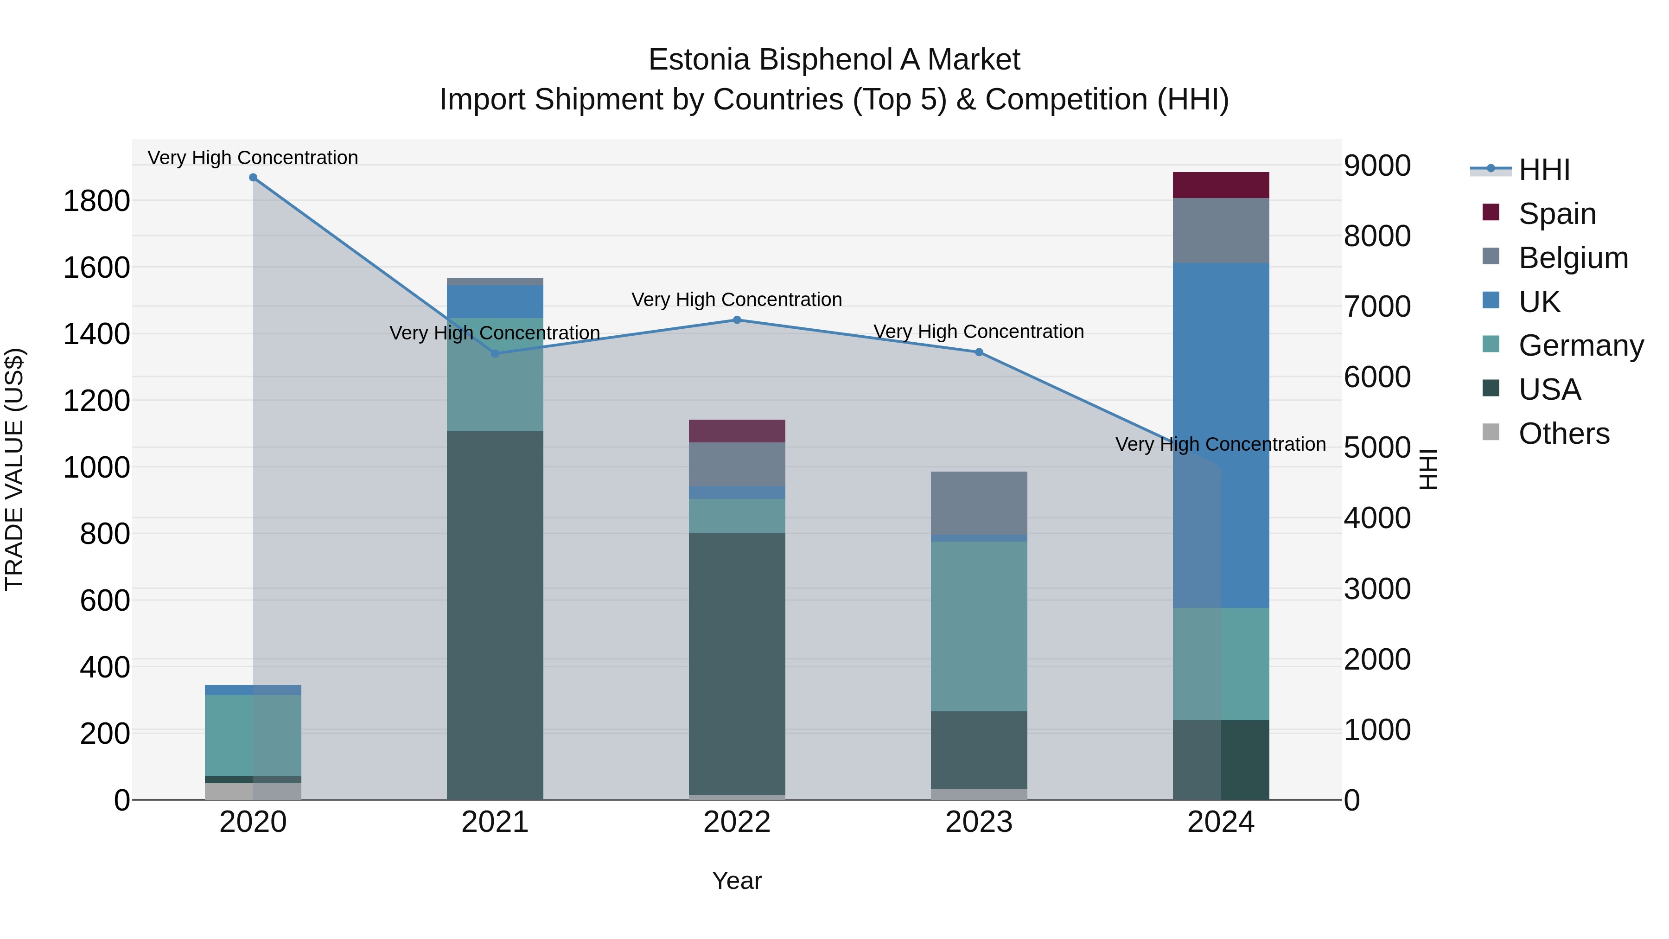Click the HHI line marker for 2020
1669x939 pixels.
pyautogui.click(x=253, y=178)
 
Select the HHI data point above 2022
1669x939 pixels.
pyautogui.click(x=737, y=319)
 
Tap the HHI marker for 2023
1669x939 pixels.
pyautogui.click(x=979, y=352)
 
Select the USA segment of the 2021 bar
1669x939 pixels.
pyautogui.click(x=495, y=616)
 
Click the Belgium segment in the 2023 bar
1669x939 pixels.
pyautogui.click(x=979, y=503)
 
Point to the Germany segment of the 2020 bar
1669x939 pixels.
pyautogui.click(x=253, y=735)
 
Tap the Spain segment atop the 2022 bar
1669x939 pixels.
pyautogui.click(x=737, y=431)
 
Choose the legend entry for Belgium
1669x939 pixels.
pyautogui.click(x=1573, y=257)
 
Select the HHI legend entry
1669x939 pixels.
pyautogui.click(x=1544, y=170)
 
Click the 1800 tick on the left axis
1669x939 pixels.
pyautogui.click(x=96, y=201)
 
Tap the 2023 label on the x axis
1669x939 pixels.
pyautogui.click(x=979, y=822)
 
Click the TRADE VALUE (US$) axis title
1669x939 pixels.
pyautogui.click(x=14, y=469)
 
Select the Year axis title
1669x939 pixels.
pyautogui.click(x=737, y=881)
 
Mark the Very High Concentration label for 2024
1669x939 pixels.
pyautogui.click(x=1221, y=445)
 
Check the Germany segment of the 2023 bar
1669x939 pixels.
pyautogui.click(x=979, y=626)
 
